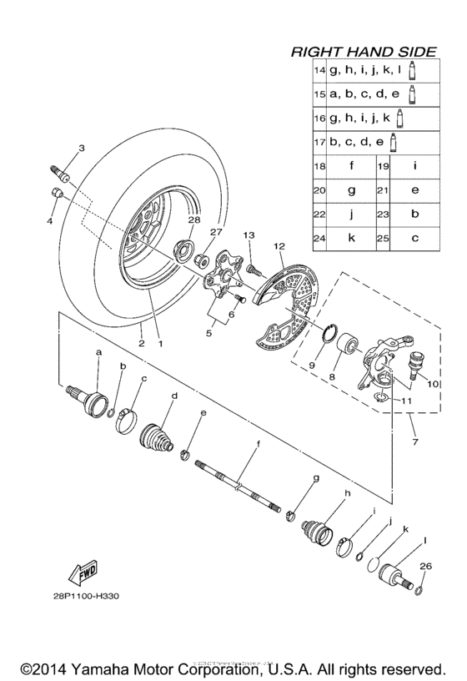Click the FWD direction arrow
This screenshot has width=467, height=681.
[82, 575]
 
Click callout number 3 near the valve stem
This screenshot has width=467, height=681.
[82, 149]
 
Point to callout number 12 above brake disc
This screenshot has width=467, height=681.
[279, 246]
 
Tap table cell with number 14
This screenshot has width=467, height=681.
[319, 72]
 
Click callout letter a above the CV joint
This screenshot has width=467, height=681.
[98, 353]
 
